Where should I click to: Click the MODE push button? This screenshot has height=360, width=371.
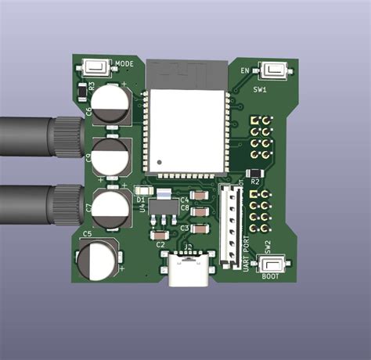click(97, 69)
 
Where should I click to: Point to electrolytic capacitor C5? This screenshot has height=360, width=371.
click(97, 259)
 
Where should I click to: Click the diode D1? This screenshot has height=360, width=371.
click(143, 190)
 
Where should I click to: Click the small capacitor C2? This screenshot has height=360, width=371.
click(162, 234)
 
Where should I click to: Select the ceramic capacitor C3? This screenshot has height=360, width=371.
click(200, 229)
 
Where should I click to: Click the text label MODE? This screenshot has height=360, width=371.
click(126, 63)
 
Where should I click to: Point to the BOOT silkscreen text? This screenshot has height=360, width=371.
click(270, 276)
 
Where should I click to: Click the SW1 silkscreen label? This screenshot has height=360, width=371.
click(260, 90)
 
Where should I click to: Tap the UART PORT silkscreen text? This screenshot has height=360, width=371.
click(247, 254)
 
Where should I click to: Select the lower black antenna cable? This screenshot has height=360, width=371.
click(31, 207)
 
